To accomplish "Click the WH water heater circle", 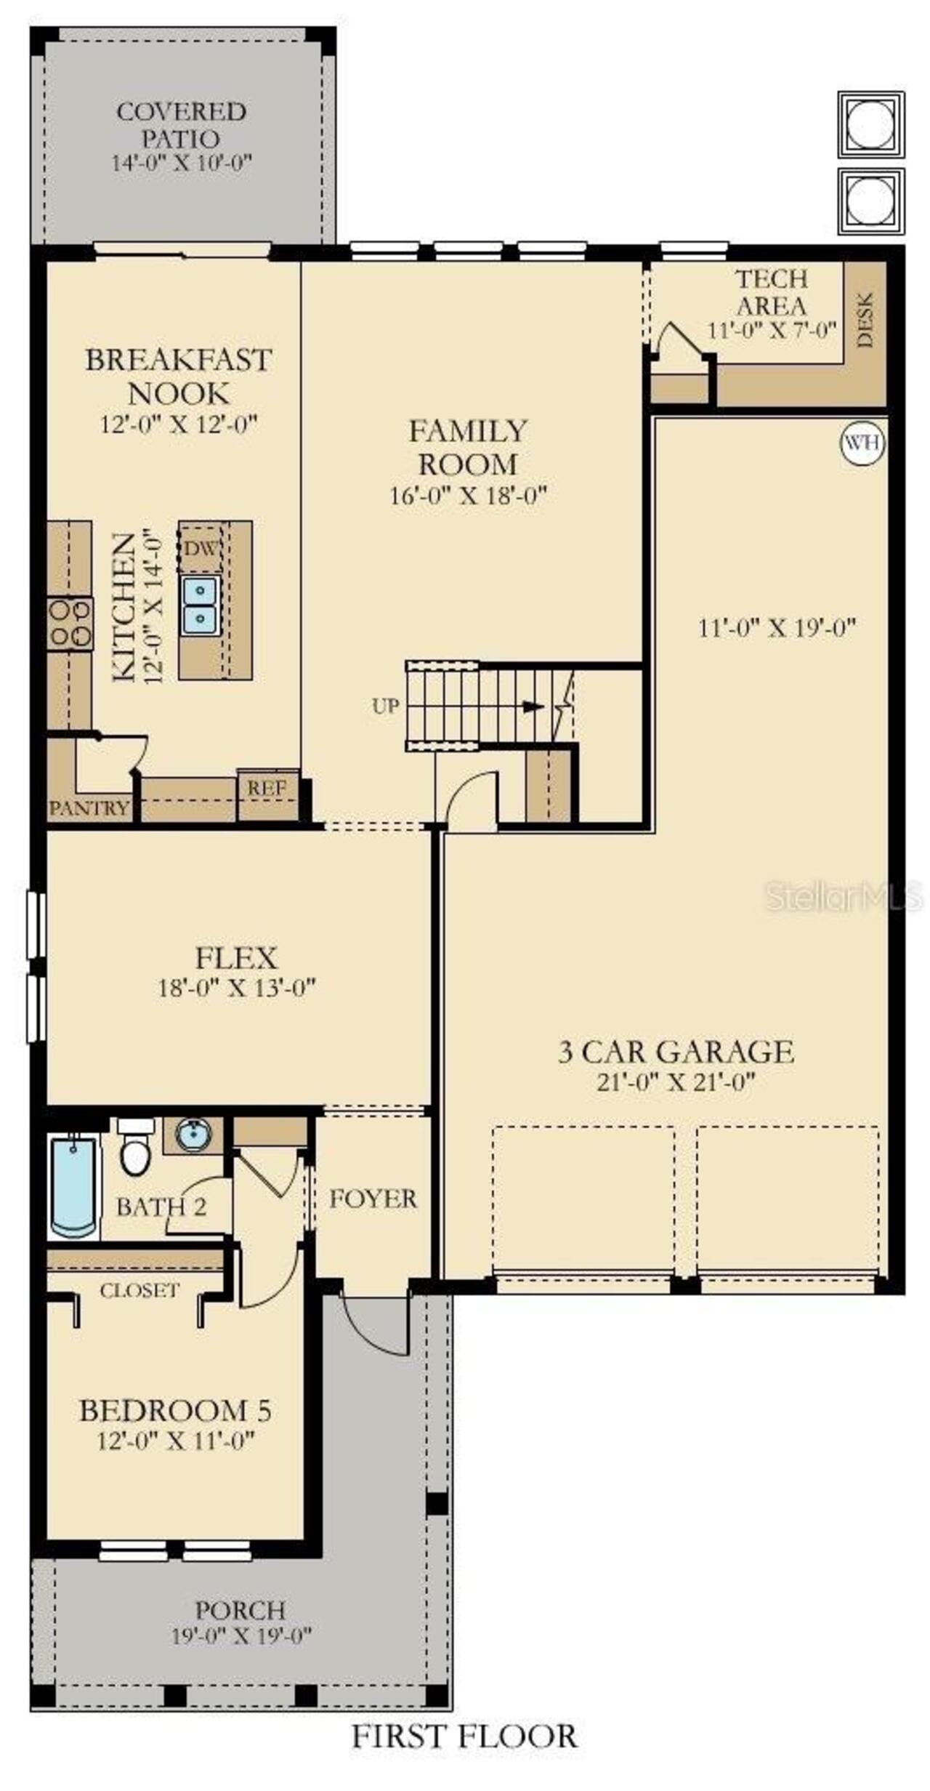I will (862, 442).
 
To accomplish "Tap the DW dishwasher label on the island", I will (199, 548).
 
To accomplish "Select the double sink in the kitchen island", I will (200, 605).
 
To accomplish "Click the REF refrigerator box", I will (267, 788).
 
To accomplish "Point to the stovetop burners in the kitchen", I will (70, 623).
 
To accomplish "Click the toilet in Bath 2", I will (136, 1155).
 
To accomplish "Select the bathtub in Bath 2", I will (73, 1186).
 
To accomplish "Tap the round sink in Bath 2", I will (193, 1135).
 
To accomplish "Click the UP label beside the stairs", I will (384, 706).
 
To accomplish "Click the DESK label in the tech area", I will (865, 320).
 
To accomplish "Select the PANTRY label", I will (89, 808).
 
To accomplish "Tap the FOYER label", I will (373, 1199).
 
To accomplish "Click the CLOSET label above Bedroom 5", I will (139, 1291).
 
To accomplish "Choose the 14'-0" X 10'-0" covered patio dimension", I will (181, 163).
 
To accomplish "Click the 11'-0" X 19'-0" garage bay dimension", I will (777, 627).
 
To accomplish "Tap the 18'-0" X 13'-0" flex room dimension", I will (237, 988).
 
